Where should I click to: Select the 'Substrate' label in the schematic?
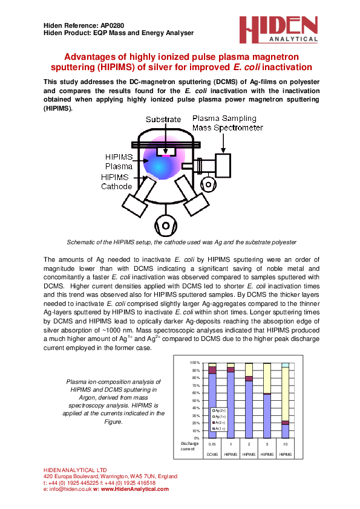click(163, 120)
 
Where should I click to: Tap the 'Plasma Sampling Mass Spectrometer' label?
click(227, 123)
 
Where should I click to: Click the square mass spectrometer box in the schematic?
click(222, 163)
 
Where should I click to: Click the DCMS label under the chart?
click(212, 453)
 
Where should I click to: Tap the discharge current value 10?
click(285, 444)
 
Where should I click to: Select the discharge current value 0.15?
click(212, 444)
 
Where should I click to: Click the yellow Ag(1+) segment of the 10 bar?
click(285, 394)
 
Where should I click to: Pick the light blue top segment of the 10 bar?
click(285, 365)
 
